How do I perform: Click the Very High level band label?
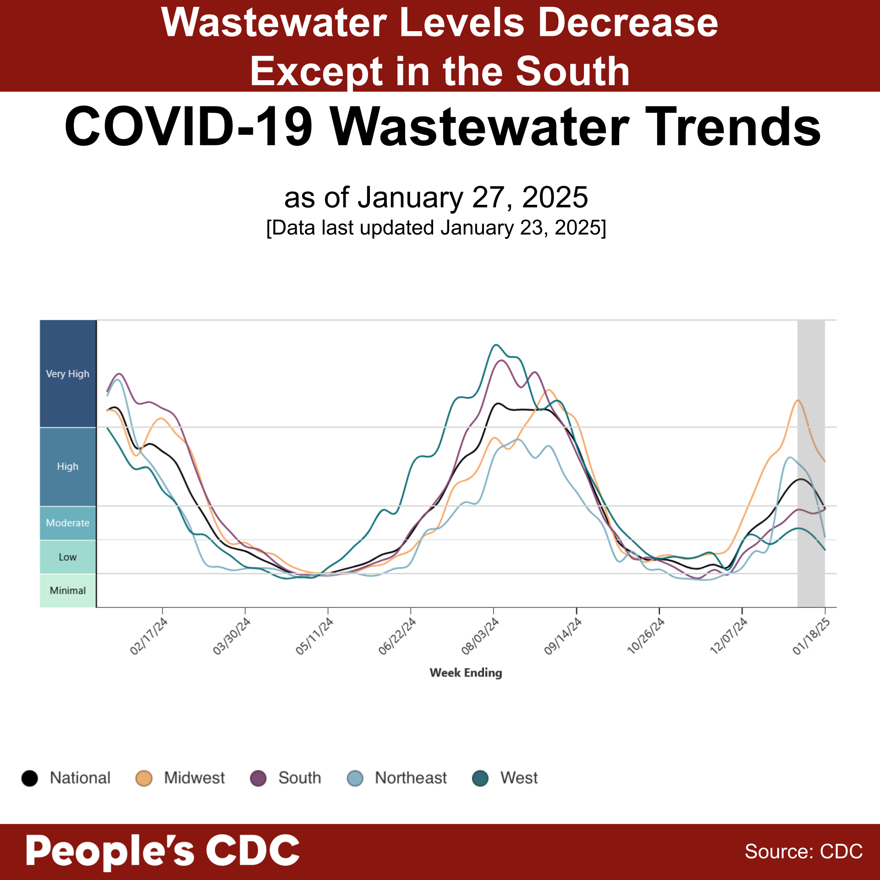pos(67,374)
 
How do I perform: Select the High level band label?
pos(67,466)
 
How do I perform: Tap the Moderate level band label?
pos(67,522)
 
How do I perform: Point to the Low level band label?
pos(67,557)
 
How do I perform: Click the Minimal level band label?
pos(67,590)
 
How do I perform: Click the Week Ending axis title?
pos(466,672)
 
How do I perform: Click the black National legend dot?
pos(30,778)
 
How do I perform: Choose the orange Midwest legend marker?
pos(144,778)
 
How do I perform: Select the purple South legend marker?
pos(258,778)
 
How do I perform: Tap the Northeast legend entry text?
pos(410,778)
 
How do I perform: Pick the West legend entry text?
pos(519,778)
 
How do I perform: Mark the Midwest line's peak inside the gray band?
pos(798,400)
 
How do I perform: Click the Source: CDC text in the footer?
pos(803,852)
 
